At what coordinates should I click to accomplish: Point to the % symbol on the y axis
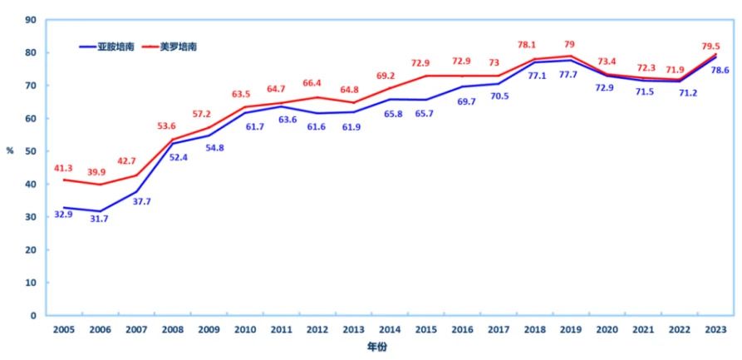11,150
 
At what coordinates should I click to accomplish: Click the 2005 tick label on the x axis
63,329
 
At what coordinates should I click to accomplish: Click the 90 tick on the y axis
31,19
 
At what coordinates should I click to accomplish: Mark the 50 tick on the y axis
31,151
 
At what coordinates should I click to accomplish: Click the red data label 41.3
64,168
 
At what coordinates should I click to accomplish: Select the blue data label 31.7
99,219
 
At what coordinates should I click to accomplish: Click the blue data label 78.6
719,70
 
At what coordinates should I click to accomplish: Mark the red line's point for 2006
99,185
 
